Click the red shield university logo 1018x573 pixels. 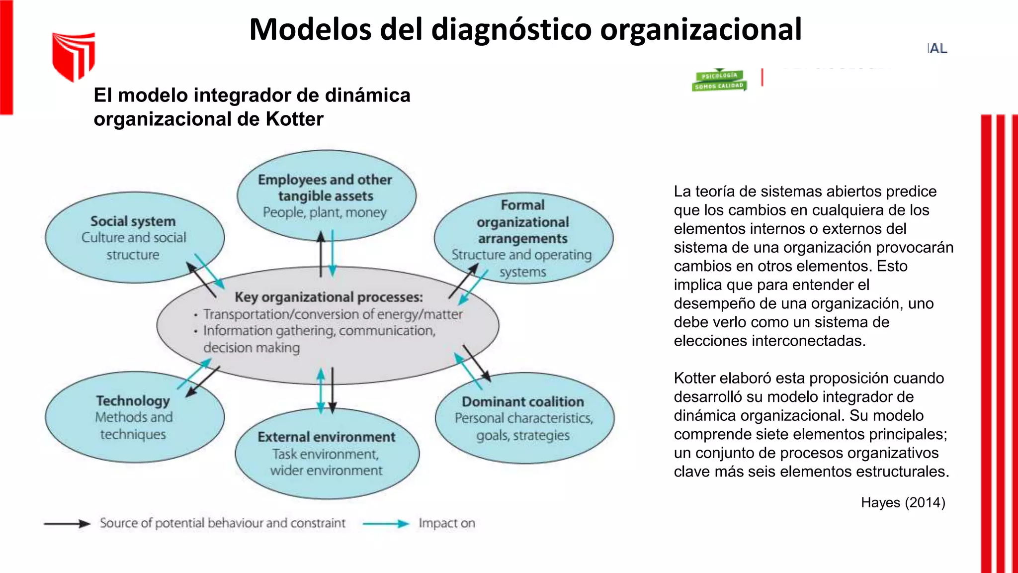[74, 56]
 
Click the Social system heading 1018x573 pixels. [133, 221]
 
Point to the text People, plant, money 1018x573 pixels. [325, 212]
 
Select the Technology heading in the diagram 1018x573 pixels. [133, 400]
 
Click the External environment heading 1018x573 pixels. [327, 437]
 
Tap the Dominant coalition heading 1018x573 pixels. [523, 401]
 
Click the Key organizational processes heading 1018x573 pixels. [329, 297]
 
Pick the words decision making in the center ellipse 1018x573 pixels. [252, 348]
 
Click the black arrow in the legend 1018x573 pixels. [67, 523]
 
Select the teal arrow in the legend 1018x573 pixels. [385, 523]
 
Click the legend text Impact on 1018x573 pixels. [446, 523]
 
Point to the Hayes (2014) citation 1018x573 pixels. [903, 502]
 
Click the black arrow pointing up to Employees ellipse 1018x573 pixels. [321, 254]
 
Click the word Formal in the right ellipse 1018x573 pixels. [522, 205]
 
